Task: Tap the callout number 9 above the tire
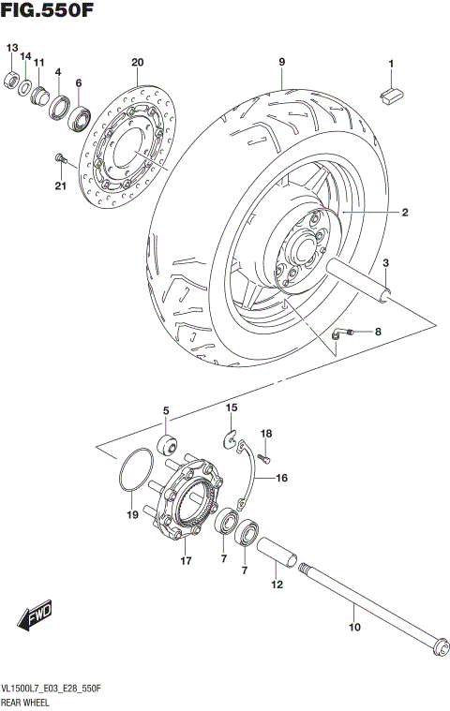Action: tap(280, 63)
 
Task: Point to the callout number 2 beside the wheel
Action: tap(405, 214)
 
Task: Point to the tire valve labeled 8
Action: tap(338, 333)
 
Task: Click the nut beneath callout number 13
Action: tap(13, 78)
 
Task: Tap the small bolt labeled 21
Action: tap(61, 158)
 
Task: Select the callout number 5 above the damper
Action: tap(166, 411)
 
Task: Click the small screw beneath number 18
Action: tap(263, 458)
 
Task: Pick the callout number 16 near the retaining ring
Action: tap(280, 478)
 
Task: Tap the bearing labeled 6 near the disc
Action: tap(77, 117)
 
